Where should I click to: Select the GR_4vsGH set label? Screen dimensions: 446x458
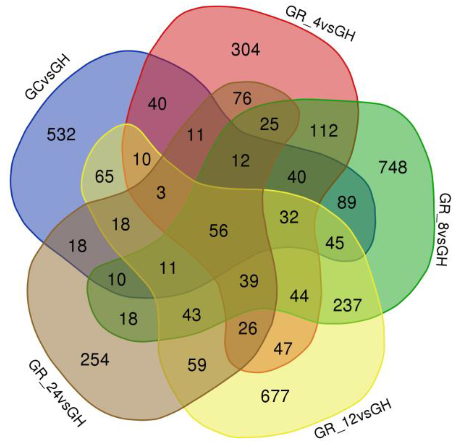[x=320, y=24]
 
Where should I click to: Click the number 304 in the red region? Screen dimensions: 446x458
[x=245, y=50]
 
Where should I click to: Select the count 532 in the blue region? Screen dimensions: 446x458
[x=61, y=134]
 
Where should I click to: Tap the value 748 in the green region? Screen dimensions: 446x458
[x=393, y=167]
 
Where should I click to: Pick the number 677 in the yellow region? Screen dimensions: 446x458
[x=275, y=396]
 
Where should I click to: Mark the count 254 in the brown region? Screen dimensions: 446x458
[x=95, y=360]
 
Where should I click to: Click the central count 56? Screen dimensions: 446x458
[x=219, y=230]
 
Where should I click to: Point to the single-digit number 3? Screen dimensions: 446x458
[x=161, y=193]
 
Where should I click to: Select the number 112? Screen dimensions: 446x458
[x=324, y=130]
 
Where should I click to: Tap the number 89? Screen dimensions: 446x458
[x=347, y=202]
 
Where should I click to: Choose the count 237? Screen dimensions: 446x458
[x=347, y=305]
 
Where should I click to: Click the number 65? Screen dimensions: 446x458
[x=104, y=177]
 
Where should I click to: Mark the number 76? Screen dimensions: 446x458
[x=242, y=98]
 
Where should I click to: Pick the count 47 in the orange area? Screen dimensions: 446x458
[x=283, y=348]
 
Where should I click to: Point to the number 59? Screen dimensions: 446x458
[x=197, y=365]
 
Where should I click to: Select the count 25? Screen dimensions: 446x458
[x=269, y=124]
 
